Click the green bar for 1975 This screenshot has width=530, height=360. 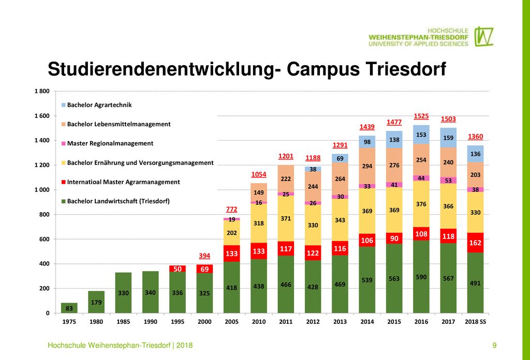[69, 308]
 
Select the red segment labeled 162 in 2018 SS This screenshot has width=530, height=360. [475, 243]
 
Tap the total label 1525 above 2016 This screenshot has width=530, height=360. [421, 116]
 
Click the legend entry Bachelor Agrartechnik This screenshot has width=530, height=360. [96, 105]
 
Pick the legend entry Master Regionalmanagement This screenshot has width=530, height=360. [107, 143]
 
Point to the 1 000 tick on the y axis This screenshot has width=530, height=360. [42, 190]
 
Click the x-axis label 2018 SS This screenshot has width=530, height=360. [475, 322]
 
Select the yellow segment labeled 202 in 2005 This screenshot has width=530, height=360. [231, 233]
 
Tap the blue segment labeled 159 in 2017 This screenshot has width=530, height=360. [448, 138]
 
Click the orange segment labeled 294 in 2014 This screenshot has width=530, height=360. [367, 166]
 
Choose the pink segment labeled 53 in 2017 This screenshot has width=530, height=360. [448, 181]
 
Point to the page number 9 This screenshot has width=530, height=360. [494, 345]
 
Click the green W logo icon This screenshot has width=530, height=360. [484, 37]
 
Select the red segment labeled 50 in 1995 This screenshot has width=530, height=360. [178, 269]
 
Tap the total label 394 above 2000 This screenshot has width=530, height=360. [204, 256]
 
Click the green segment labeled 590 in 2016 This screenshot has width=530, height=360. [421, 277]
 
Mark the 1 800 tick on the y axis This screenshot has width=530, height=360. [42, 91]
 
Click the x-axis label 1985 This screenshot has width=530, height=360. [123, 322]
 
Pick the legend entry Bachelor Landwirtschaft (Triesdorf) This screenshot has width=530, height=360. [115, 201]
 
